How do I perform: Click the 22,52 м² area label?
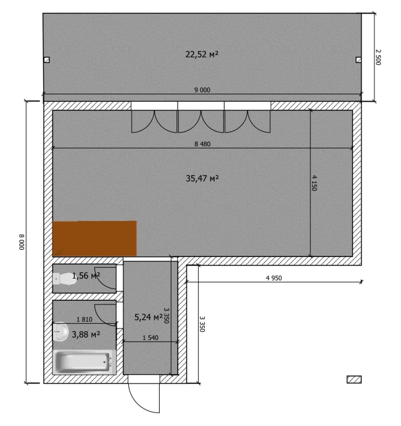click(202, 54)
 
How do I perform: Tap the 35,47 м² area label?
click(202, 178)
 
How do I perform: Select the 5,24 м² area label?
click(149, 317)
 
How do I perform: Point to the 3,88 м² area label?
click(86, 334)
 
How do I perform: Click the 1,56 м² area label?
click(86, 276)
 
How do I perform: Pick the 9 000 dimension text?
click(202, 90)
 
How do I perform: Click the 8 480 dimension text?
click(202, 144)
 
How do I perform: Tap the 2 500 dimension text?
click(378, 57)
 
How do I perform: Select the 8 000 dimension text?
click(22, 242)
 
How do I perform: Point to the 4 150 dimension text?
click(314, 183)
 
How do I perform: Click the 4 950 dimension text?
click(274, 278)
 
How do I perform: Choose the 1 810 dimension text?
click(85, 319)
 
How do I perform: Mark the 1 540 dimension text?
click(151, 338)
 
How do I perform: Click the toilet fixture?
click(65, 279)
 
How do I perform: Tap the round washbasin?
click(60, 332)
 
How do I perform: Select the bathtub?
click(85, 362)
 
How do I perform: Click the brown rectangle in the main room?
click(94, 239)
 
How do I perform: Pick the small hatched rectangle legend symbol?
click(354, 380)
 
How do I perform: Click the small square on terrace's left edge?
click(47, 60)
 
